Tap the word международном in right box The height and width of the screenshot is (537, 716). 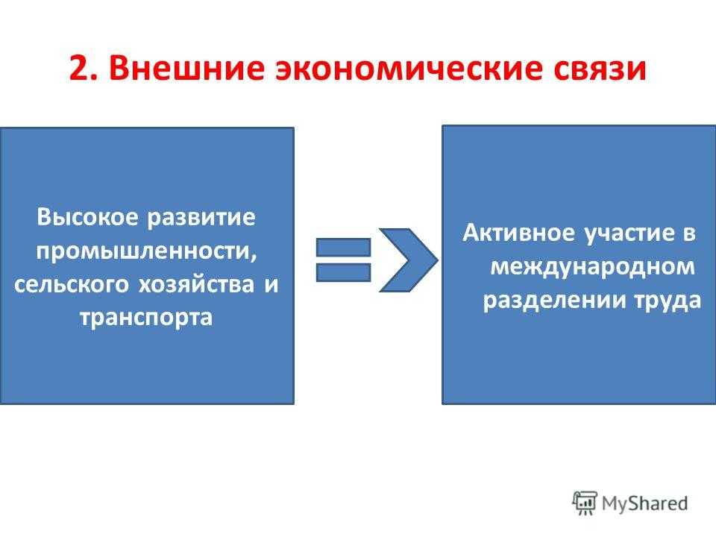592,266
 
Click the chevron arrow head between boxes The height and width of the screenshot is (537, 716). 406,259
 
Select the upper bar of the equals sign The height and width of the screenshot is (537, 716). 343,247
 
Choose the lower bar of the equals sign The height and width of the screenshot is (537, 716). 343,271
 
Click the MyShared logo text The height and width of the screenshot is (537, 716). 646,502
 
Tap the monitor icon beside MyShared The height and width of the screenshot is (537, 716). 585,501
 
